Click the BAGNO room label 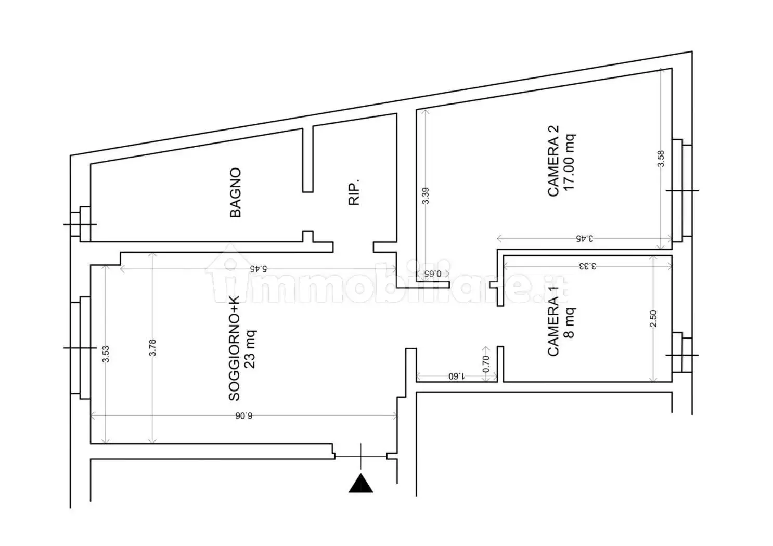[x=235, y=192]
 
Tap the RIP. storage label [x=354, y=192]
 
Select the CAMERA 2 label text [x=553, y=161]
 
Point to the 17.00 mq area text [x=569, y=162]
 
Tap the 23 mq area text [x=250, y=349]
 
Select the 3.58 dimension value [x=661, y=159]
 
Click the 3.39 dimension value [x=426, y=196]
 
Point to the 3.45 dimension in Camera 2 [x=584, y=238]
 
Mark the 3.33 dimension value [x=587, y=266]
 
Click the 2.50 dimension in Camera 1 [x=653, y=318]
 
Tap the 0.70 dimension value [x=485, y=364]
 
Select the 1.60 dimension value [x=457, y=376]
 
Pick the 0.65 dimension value [x=433, y=274]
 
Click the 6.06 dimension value [x=243, y=416]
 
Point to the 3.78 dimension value [x=152, y=348]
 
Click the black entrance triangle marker [x=360, y=483]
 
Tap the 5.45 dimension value [x=258, y=268]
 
